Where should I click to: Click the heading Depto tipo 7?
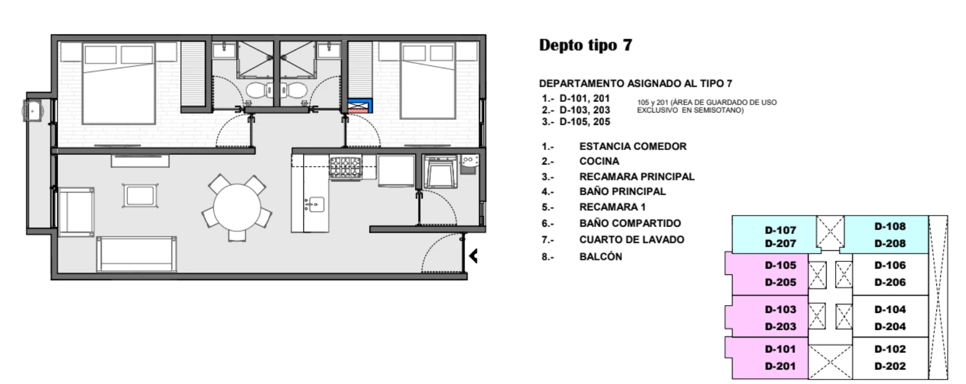coord(585,45)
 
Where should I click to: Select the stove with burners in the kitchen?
coord(345,167)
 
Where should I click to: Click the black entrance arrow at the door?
coord(473,256)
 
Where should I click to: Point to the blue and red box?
coord(360,106)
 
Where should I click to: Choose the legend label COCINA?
coord(599,161)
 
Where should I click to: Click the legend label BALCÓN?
coord(601,256)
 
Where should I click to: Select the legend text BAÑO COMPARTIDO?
coord(630,223)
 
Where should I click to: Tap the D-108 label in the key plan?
coord(890,227)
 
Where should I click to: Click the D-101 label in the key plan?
coord(780,349)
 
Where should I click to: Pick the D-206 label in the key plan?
coord(890,283)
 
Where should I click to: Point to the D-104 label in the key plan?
coord(890,310)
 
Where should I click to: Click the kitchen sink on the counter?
coord(315,204)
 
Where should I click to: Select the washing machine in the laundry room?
coord(440,171)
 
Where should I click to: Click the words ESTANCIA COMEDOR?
coord(632,147)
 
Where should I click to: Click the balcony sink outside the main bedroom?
coord(32,110)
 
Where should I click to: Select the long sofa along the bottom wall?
coord(137,254)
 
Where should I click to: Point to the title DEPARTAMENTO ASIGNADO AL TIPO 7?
coord(635,83)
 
